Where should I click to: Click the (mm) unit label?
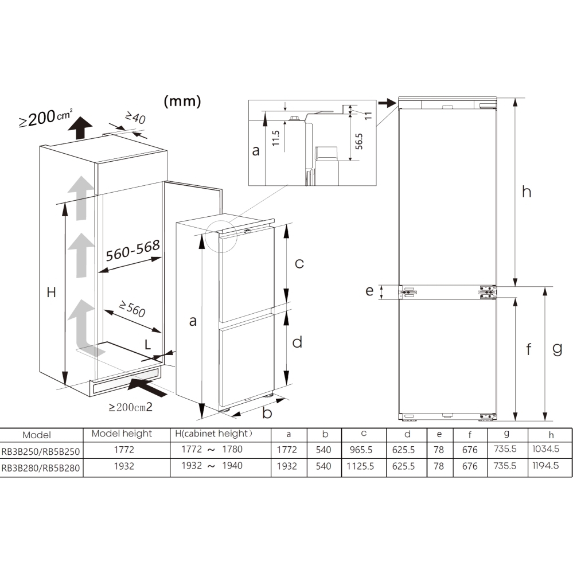click(x=182, y=102)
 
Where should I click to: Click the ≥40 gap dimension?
click(x=135, y=118)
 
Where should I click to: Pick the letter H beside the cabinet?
click(x=51, y=292)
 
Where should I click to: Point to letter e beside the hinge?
click(x=369, y=291)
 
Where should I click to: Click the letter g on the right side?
click(x=557, y=348)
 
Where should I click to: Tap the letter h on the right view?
click(x=526, y=192)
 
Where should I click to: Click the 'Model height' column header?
click(x=122, y=434)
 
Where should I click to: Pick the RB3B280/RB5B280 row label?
click(x=41, y=467)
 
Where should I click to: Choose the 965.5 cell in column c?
click(x=362, y=450)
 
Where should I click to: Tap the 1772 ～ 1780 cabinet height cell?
click(x=212, y=450)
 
